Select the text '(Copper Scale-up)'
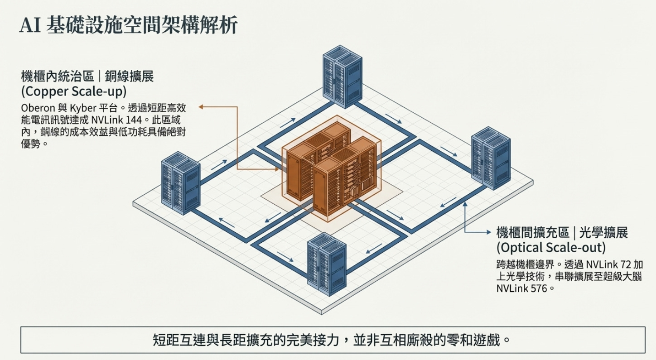[73, 91]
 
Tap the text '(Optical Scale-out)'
[550, 248]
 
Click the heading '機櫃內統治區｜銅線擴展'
[87, 76]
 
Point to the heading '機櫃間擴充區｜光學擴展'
[562, 233]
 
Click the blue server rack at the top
[342, 76]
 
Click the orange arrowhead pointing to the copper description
[201, 107]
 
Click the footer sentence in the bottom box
[333, 339]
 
